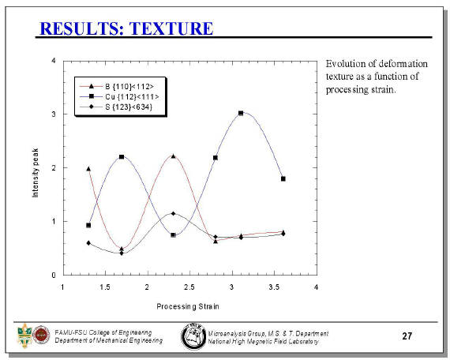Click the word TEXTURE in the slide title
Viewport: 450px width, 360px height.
171,28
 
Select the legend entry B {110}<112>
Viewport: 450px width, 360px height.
117,86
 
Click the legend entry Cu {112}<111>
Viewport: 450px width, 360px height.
119,97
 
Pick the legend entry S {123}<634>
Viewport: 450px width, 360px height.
116,107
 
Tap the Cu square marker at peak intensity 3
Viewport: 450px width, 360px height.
241,113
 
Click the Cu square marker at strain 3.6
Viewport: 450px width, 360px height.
283,178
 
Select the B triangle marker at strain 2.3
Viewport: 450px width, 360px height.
173,156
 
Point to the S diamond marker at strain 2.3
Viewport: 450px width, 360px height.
173,214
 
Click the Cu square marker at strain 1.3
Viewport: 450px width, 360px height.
88,225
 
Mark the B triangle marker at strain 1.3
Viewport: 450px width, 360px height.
88,169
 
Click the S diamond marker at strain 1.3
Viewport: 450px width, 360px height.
88,243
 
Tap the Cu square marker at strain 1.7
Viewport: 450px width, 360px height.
122,157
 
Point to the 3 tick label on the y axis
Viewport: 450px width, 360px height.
54,114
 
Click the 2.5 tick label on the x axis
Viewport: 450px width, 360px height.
189,287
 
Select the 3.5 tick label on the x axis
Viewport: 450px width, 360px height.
274,287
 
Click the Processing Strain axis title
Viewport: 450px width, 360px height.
188,306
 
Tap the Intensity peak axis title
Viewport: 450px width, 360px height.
35,173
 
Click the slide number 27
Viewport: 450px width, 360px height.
407,336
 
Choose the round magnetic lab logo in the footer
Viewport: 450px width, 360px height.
193,336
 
